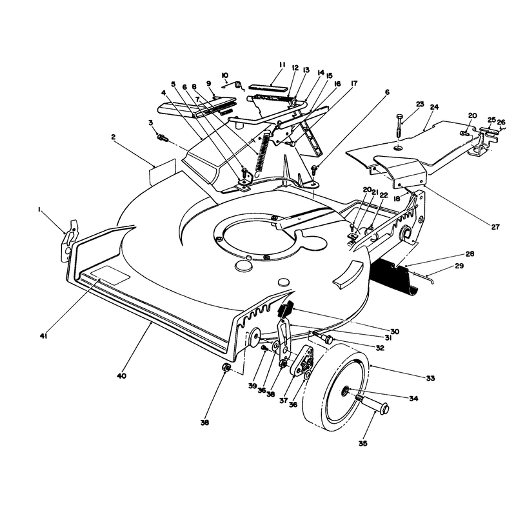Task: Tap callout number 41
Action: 44,336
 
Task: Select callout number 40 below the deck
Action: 121,376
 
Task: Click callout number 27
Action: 495,227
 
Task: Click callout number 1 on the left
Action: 39,209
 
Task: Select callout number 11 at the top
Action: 282,64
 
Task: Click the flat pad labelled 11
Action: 268,88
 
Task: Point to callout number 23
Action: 420,104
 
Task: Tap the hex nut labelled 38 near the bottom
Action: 225,368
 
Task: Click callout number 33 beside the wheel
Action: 430,378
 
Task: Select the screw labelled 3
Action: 163,137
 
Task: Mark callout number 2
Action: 114,137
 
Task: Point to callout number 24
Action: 434,107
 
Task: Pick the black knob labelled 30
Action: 285,309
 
